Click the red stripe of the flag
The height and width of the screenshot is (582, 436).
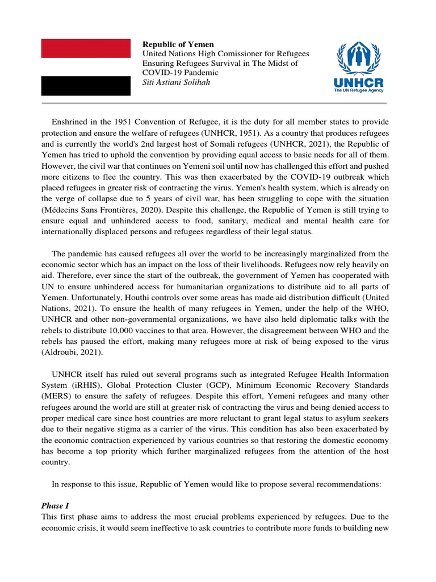[86, 48]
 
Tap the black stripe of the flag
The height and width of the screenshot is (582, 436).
[86, 86]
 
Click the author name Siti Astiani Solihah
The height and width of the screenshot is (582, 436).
[177, 82]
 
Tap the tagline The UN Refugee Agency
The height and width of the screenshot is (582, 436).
[359, 91]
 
